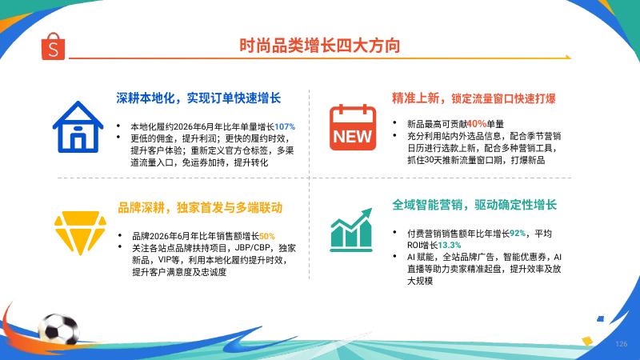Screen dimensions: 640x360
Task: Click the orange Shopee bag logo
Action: tap(53, 46)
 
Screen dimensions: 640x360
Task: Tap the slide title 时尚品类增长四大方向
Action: tap(319, 46)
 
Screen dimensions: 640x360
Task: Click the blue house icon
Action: tap(78, 127)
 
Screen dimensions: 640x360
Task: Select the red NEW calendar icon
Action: tap(353, 127)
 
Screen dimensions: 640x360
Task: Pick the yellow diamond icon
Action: tap(80, 233)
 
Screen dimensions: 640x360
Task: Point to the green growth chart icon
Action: tap(351, 230)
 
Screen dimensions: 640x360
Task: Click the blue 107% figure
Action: tap(285, 127)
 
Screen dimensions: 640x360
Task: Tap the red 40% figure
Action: tap(476, 124)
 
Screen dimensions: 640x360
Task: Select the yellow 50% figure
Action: tap(267, 236)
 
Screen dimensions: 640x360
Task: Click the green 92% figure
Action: tap(517, 233)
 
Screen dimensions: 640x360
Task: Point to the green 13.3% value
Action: tap(450, 245)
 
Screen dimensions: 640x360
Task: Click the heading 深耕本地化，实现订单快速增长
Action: tap(198, 98)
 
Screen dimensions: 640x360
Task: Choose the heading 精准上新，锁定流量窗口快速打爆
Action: tap(474, 98)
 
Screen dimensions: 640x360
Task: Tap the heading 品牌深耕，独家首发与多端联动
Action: tap(200, 208)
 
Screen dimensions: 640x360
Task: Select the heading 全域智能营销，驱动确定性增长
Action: tap(474, 205)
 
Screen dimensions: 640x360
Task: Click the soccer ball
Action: tap(58, 329)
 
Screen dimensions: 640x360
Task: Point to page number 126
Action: tap(622, 344)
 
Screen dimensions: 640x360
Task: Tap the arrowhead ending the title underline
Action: tap(567, 57)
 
